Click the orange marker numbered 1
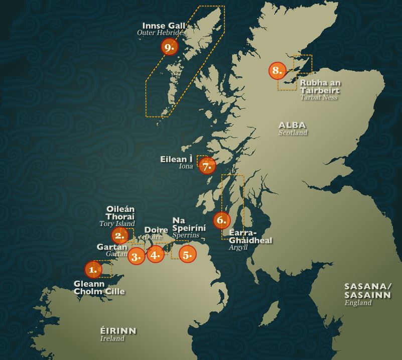pyautogui.click(x=93, y=270)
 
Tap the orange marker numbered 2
pyautogui.click(x=119, y=235)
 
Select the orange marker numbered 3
pyautogui.click(x=136, y=256)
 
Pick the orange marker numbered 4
pyautogui.click(x=156, y=254)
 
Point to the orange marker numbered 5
pyautogui.click(x=187, y=255)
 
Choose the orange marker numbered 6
pyautogui.click(x=221, y=220)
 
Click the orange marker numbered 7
pyautogui.click(x=207, y=165)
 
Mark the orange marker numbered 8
pyautogui.click(x=277, y=70)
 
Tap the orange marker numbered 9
pyautogui.click(x=170, y=47)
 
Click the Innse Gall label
pyautogui.click(x=164, y=26)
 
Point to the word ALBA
pyautogui.click(x=293, y=125)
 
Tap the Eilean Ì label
pyautogui.click(x=176, y=159)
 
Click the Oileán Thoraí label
pyautogui.click(x=120, y=213)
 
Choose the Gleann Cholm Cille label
pyautogui.click(x=99, y=287)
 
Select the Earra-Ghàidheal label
pyautogui.click(x=250, y=236)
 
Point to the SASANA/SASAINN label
pyautogui.click(x=367, y=290)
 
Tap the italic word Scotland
pyautogui.click(x=293, y=133)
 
